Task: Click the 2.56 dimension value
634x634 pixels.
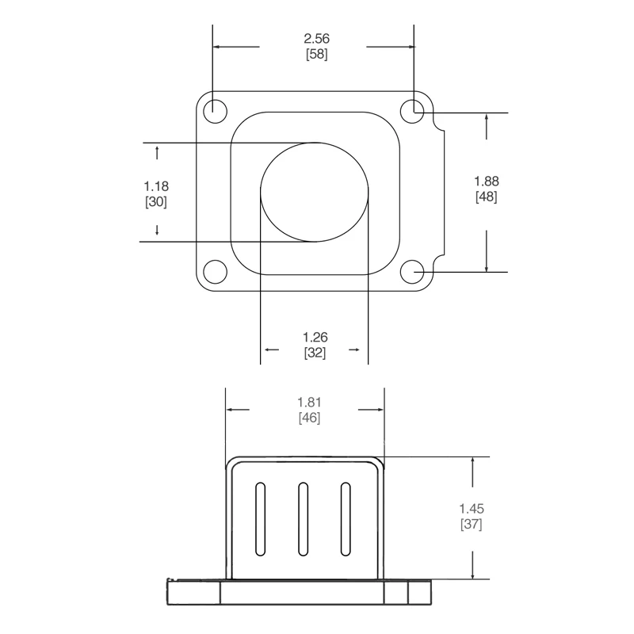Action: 316,39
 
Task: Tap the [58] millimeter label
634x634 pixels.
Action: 316,54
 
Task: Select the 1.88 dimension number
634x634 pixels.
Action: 487,181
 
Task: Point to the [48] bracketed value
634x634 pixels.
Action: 487,197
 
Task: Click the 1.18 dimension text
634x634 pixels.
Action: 156,186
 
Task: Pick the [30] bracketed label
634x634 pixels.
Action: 156,202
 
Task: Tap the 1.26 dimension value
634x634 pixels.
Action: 315,338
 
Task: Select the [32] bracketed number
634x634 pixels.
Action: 315,353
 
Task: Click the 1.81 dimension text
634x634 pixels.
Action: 309,403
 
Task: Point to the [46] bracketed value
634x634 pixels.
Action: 309,418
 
